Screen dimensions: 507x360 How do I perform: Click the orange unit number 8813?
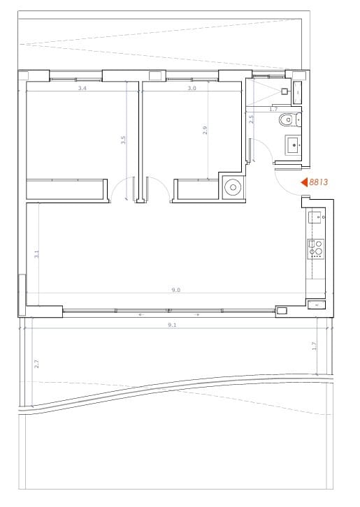319,183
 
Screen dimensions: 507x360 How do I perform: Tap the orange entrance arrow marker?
304,183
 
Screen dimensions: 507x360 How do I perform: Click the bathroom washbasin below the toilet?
293,145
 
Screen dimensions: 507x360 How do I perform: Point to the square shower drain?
285,91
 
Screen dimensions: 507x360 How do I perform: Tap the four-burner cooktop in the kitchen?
316,248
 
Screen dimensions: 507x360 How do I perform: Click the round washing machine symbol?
233,186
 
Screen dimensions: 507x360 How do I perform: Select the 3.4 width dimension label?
82,89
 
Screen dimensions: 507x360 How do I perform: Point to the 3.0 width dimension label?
192,89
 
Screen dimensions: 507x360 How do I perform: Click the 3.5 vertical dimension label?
124,139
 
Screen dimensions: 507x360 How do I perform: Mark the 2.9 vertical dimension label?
206,130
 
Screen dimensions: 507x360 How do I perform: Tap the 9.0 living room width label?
176,290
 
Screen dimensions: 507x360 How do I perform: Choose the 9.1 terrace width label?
172,325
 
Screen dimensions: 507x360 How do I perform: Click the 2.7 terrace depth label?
36,363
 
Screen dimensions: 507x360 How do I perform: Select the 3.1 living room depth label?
36,256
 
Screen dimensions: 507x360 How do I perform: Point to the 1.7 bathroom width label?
273,110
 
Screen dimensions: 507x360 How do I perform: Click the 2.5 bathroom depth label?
252,119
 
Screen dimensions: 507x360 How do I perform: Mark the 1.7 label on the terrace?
315,346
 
